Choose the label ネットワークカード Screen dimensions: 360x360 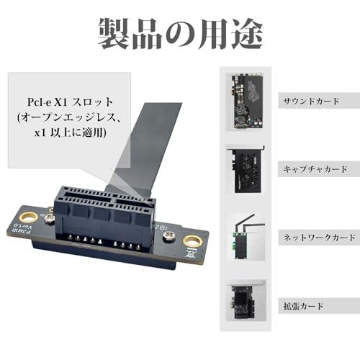318,237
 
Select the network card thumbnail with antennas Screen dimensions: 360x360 247,236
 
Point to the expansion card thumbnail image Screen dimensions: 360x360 247,305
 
